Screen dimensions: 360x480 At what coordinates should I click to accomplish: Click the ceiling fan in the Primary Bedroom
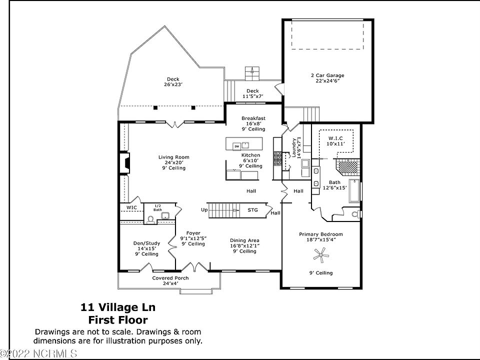click(x=320, y=256)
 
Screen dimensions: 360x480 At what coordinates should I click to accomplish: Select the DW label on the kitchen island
click(x=236, y=146)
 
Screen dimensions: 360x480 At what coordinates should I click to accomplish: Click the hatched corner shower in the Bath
click(x=348, y=165)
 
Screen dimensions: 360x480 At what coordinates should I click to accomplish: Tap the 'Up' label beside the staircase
click(x=204, y=210)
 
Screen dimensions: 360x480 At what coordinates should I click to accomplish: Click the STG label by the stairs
click(x=253, y=210)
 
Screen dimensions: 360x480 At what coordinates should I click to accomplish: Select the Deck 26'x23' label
click(x=173, y=82)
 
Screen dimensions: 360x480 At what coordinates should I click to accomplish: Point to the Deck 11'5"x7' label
click(x=253, y=93)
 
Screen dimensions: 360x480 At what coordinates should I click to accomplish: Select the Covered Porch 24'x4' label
click(x=170, y=281)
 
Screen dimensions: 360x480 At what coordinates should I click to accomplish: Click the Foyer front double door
click(x=192, y=267)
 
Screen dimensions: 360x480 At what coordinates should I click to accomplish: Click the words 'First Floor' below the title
click(x=118, y=320)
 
